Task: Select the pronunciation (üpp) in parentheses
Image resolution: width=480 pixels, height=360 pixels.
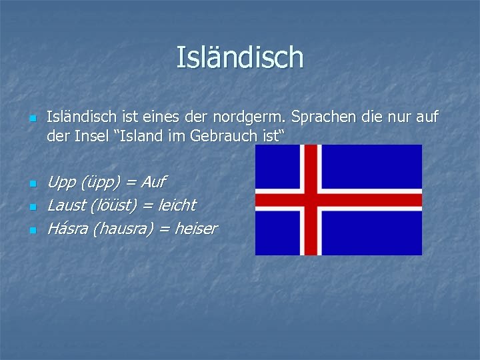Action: click(99, 182)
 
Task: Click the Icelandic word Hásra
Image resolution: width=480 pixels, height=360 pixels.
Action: click(67, 229)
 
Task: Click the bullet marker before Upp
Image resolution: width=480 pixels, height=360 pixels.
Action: click(31, 183)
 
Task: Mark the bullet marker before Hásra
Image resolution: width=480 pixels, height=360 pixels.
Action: click(31, 231)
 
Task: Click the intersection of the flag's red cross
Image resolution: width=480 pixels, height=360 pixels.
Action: click(310, 199)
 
